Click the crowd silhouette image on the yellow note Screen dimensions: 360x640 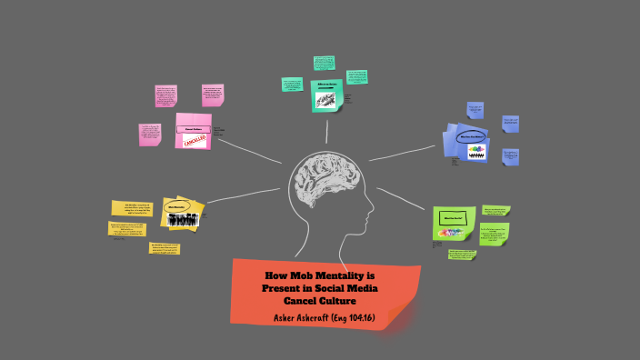(x=183, y=219)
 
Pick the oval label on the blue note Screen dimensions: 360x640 (x=475, y=137)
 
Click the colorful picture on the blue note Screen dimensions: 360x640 (x=475, y=154)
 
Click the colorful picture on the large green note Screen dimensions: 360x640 (x=453, y=233)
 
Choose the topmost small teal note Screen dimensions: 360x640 (x=325, y=63)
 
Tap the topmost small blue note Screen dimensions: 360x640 (x=475, y=110)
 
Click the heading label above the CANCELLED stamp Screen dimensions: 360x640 (x=192, y=128)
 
